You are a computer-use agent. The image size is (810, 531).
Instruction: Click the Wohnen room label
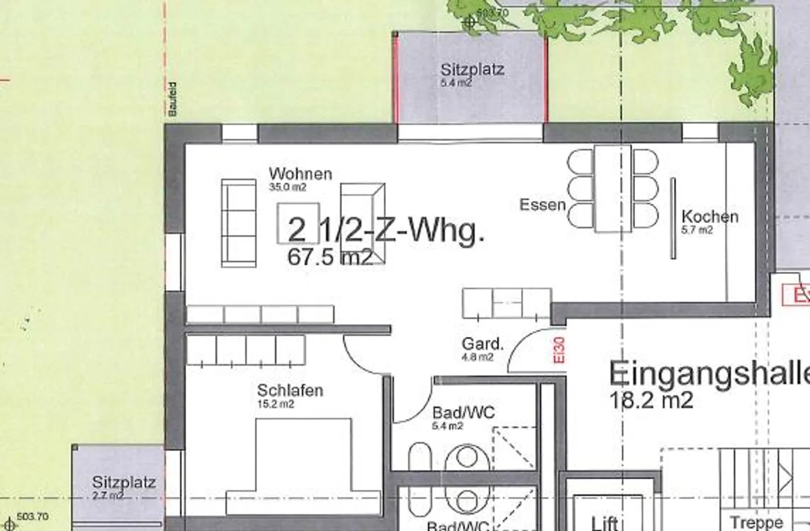click(x=300, y=174)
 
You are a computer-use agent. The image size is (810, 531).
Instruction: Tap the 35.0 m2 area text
click(x=287, y=187)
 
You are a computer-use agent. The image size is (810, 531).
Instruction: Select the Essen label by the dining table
click(x=542, y=204)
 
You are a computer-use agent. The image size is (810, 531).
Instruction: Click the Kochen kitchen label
click(x=709, y=217)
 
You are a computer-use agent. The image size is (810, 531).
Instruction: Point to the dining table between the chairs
click(x=613, y=188)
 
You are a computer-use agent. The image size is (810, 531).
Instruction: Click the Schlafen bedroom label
click(x=290, y=390)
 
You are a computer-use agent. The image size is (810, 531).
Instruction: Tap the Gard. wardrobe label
click(x=482, y=344)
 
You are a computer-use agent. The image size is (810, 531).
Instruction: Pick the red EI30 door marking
click(x=559, y=350)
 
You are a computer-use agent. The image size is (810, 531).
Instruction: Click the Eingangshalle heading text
click(x=709, y=373)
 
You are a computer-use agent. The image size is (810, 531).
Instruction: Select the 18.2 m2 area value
click(x=651, y=400)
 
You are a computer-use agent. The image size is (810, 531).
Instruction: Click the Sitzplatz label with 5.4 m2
click(x=472, y=70)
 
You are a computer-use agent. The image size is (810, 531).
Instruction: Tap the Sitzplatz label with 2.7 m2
click(x=124, y=483)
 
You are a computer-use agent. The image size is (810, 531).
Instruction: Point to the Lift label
click(x=605, y=523)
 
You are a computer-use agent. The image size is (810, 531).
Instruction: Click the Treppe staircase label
click(x=756, y=523)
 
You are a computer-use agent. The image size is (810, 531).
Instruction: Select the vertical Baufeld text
click(x=173, y=100)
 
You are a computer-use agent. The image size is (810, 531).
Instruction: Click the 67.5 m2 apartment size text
click(x=330, y=257)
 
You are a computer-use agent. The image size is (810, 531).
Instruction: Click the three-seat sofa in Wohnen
click(x=238, y=223)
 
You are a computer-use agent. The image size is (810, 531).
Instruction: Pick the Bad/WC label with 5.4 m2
click(x=463, y=413)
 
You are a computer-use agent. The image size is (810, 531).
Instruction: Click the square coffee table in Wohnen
click(x=298, y=223)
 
